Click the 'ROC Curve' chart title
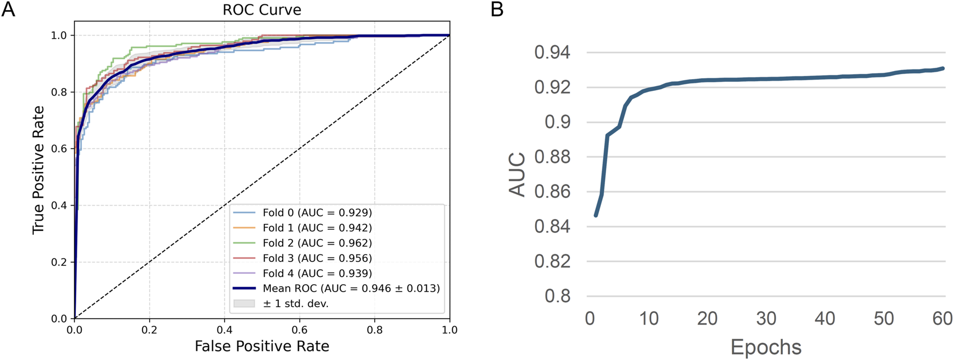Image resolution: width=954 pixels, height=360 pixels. [x=262, y=10]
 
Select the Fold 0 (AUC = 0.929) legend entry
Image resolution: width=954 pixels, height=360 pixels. [x=317, y=213]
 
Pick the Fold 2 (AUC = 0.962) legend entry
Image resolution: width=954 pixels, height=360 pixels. [x=317, y=243]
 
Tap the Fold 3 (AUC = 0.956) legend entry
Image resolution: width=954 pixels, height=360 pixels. [x=317, y=258]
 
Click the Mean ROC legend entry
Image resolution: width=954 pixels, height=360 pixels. [x=351, y=288]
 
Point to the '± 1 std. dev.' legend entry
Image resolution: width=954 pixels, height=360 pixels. [x=295, y=303]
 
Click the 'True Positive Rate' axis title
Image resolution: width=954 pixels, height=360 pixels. [x=38, y=170]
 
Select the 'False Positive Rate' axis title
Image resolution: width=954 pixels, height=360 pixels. [x=262, y=346]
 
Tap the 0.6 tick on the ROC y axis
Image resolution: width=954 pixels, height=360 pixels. [x=59, y=149]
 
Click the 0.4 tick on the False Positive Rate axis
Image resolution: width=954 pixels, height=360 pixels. [x=225, y=329]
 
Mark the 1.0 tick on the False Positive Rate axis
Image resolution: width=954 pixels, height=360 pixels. [x=449, y=329]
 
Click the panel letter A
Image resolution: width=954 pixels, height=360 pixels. [x=8, y=9]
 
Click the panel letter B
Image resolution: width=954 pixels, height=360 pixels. [x=497, y=9]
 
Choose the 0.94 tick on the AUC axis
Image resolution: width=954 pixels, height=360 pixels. [x=552, y=53]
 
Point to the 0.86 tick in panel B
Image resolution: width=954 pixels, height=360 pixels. [x=552, y=192]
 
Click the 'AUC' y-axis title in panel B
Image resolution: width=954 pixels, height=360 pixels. [x=517, y=174]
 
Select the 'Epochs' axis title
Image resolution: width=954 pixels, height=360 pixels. [x=766, y=348]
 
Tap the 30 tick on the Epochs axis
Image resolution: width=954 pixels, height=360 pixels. [x=766, y=319]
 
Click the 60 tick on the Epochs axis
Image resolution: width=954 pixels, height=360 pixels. [x=942, y=319]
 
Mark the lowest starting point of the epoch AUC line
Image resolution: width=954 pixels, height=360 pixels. [x=595, y=215]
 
